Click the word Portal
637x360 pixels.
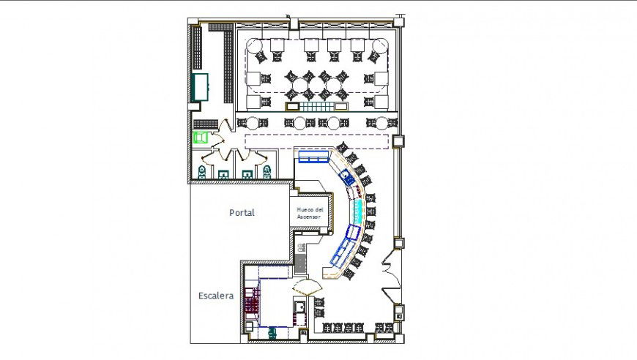[x=242, y=213]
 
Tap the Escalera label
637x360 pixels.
[x=215, y=296]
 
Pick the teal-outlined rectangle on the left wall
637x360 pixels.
[x=198, y=87]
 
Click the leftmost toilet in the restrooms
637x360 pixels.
[x=202, y=173]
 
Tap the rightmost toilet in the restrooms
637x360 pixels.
[x=267, y=173]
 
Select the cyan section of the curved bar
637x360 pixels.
[x=357, y=212]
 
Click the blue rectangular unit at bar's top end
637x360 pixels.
[x=313, y=157]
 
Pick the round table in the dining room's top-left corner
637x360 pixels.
[x=254, y=46]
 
